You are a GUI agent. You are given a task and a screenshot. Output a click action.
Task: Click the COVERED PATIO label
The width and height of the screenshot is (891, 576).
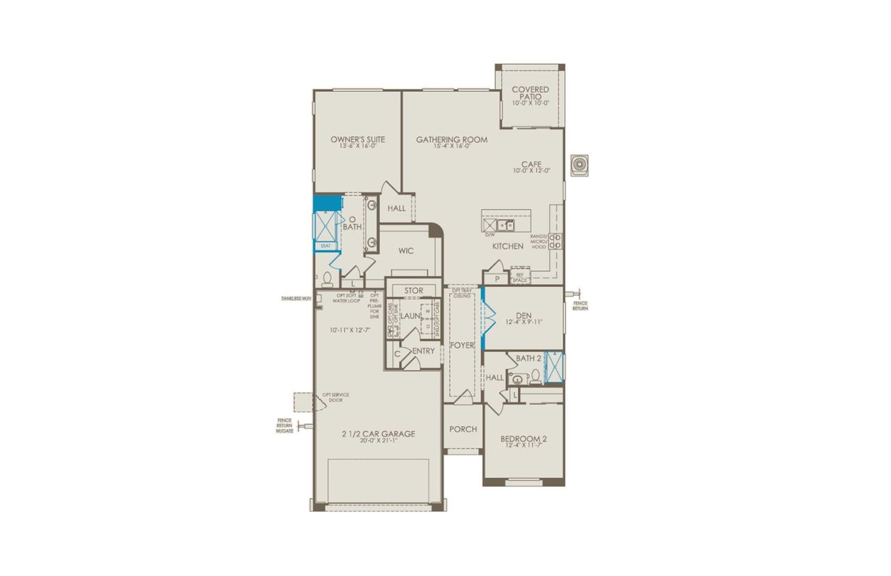click(x=530, y=90)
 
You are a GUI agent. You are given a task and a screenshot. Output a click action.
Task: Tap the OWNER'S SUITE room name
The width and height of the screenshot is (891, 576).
click(x=358, y=139)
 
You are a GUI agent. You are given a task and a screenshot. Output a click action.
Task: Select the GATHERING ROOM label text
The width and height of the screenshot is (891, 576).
click(x=452, y=139)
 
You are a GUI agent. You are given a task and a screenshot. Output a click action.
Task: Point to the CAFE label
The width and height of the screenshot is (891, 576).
click(x=532, y=164)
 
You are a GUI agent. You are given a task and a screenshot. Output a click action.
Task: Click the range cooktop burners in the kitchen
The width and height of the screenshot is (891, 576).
click(x=555, y=241)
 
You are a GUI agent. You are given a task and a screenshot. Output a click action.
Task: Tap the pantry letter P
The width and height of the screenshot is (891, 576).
click(x=497, y=279)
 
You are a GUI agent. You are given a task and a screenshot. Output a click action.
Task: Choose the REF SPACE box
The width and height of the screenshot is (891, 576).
click(x=519, y=277)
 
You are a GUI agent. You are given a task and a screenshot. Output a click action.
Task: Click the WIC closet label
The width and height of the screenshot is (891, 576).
click(x=407, y=251)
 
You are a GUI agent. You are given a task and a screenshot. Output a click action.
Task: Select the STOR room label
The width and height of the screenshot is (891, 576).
click(x=413, y=290)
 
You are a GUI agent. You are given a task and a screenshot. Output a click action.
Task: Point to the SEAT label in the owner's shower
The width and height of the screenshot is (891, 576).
click(x=325, y=246)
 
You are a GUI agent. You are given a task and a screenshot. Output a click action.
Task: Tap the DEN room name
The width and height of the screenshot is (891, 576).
click(x=524, y=316)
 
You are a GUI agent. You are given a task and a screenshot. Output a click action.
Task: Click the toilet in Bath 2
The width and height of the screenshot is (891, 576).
click(x=535, y=377)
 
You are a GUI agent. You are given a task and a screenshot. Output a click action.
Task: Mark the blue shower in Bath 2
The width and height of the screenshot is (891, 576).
click(x=555, y=367)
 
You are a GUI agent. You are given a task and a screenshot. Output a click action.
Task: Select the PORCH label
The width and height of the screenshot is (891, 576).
click(x=463, y=429)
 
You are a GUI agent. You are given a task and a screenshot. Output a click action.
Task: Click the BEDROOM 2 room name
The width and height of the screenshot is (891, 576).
click(x=523, y=439)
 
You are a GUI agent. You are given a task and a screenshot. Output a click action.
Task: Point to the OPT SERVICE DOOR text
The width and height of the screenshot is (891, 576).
click(x=335, y=398)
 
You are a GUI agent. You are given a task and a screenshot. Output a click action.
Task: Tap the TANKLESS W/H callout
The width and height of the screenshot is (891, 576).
click(x=297, y=298)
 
